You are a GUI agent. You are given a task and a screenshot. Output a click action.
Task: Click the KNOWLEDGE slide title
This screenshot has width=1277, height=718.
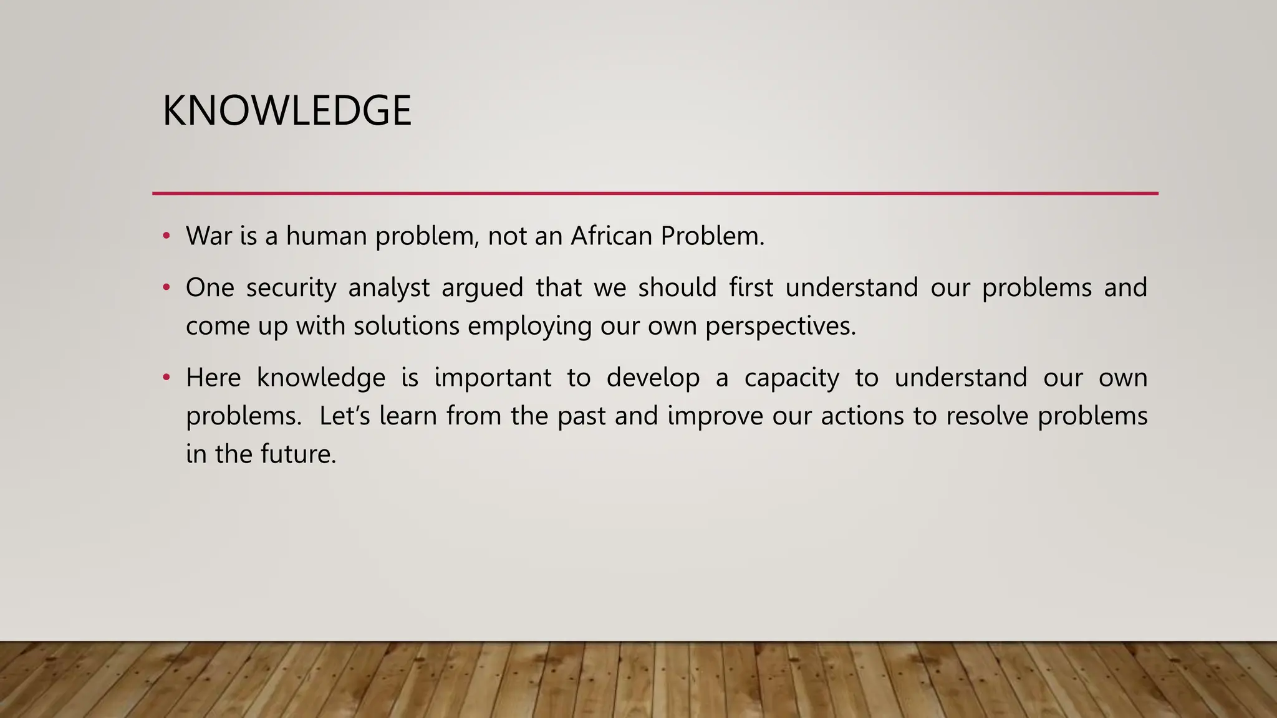point(287,111)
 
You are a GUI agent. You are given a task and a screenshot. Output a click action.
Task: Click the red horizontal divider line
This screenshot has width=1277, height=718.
point(655,194)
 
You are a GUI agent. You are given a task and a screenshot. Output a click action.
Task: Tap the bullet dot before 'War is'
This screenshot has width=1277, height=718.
point(166,236)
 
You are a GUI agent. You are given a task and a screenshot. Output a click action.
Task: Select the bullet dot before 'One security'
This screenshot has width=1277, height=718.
point(166,288)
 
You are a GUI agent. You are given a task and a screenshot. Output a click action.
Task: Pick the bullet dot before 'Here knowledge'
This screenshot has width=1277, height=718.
point(166,378)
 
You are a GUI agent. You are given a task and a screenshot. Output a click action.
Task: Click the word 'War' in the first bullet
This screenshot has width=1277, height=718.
point(208,236)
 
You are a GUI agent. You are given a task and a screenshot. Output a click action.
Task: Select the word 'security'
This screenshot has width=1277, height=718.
point(291,288)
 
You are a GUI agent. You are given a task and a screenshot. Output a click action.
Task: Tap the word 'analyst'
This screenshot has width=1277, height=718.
point(389,288)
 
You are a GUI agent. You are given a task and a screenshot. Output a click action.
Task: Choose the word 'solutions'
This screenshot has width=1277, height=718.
point(407,326)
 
